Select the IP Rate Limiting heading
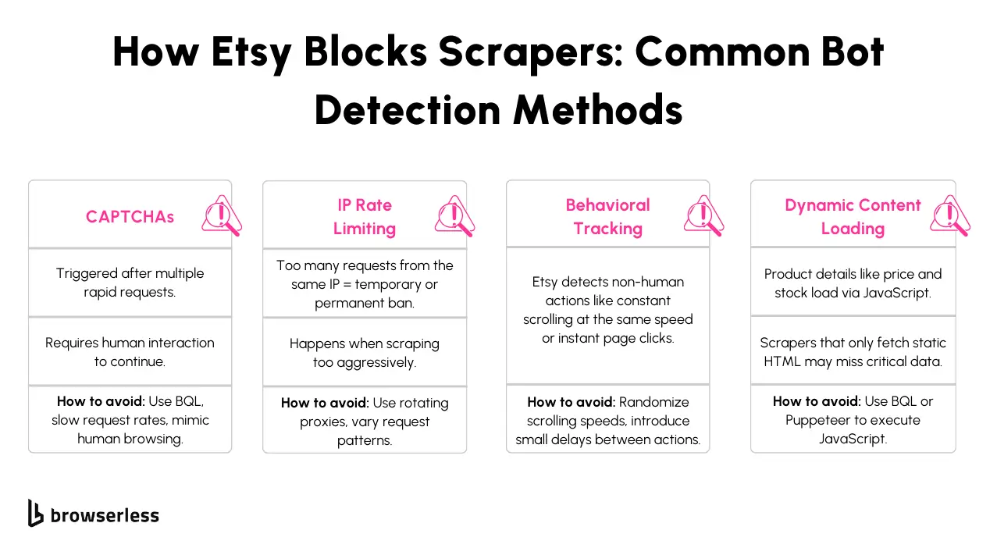pyautogui.click(x=364, y=217)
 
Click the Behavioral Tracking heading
pyautogui.click(x=607, y=217)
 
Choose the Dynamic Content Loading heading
pyautogui.click(x=853, y=217)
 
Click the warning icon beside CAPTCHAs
pyautogui.click(x=220, y=215)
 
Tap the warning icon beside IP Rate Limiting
pyautogui.click(x=454, y=215)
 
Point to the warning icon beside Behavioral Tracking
pyautogui.click(x=703, y=215)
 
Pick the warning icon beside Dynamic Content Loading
pyautogui.click(x=949, y=215)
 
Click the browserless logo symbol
pyautogui.click(x=36, y=513)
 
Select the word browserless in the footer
pyautogui.click(x=105, y=515)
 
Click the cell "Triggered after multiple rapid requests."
pyautogui.click(x=130, y=283)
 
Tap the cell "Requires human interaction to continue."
pyautogui.click(x=130, y=352)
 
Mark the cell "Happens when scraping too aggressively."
pyautogui.click(x=364, y=353)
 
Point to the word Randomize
pyautogui.click(x=654, y=402)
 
